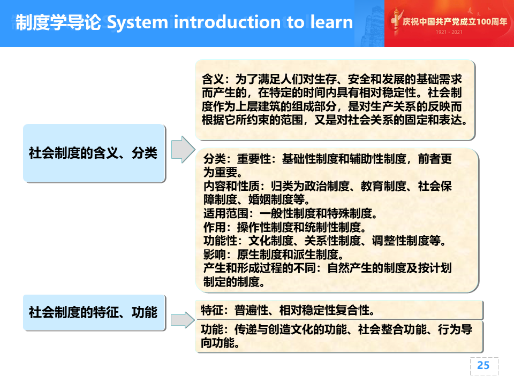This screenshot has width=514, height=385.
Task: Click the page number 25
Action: coord(483,365)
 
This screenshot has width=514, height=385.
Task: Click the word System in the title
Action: coord(138,22)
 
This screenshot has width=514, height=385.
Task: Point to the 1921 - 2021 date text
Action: coord(449,32)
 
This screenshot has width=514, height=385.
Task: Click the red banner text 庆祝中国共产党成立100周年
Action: coord(455,21)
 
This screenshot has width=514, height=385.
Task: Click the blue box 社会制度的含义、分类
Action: coord(94,153)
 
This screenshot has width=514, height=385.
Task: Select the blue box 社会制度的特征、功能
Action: coord(94,312)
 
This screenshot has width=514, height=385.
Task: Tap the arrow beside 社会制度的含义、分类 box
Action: coord(183,150)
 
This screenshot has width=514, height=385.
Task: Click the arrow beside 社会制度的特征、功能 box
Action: coord(183,320)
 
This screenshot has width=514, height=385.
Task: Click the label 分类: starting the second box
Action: coord(217,159)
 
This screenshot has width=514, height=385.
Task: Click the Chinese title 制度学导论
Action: coord(58,22)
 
